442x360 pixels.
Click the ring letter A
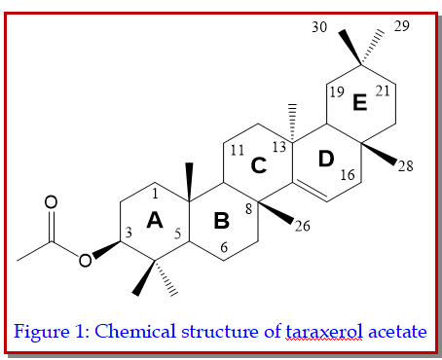pyautogui.click(x=155, y=220)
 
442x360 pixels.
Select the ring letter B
pyautogui.click(x=222, y=221)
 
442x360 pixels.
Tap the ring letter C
pyautogui.click(x=259, y=165)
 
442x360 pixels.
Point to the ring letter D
pyautogui.click(x=326, y=159)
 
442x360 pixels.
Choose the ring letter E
pyautogui.click(x=360, y=102)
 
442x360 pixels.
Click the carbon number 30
pyautogui.click(x=319, y=26)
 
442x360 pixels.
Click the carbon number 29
pyautogui.click(x=402, y=26)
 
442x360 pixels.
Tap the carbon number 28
pyautogui.click(x=406, y=166)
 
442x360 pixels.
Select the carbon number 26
pyautogui.click(x=303, y=226)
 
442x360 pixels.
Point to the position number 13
pyautogui.click(x=279, y=147)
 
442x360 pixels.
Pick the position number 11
pyautogui.click(x=238, y=150)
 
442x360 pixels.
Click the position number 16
pyautogui.click(x=348, y=175)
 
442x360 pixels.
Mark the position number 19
pyautogui.click(x=337, y=92)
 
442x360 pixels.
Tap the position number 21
pyautogui.click(x=383, y=91)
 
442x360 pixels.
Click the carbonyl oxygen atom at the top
pyautogui.click(x=51, y=201)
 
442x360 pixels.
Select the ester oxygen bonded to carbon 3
pyautogui.click(x=85, y=260)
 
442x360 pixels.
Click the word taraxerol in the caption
pyautogui.click(x=324, y=332)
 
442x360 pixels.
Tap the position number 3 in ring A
pyautogui.click(x=129, y=233)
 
